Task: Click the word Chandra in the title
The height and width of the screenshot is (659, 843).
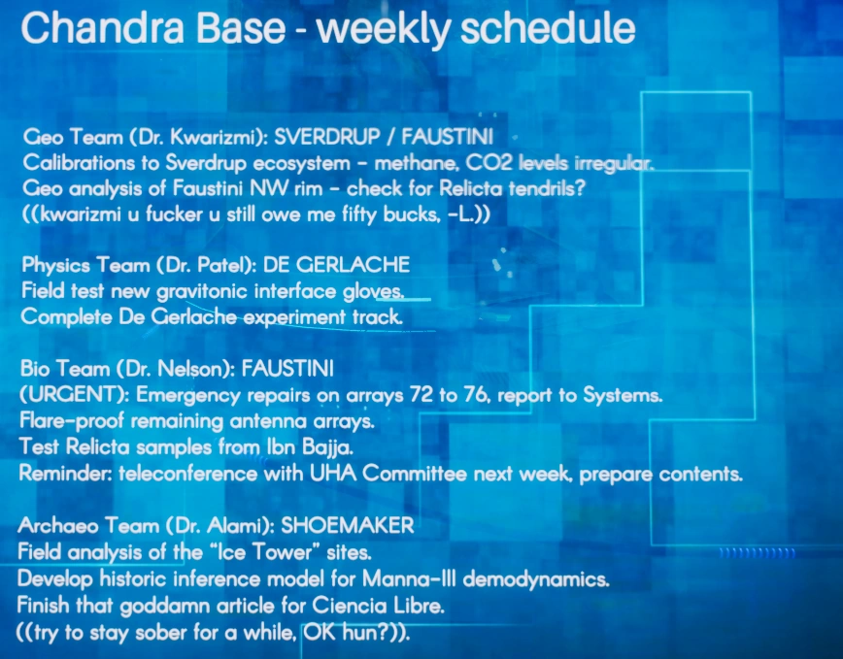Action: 102,28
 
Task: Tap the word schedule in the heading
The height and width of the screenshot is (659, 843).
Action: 548,28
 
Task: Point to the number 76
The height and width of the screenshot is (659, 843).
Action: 476,395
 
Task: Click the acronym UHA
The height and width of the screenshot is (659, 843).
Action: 333,474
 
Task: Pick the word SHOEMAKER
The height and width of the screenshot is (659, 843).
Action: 348,525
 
